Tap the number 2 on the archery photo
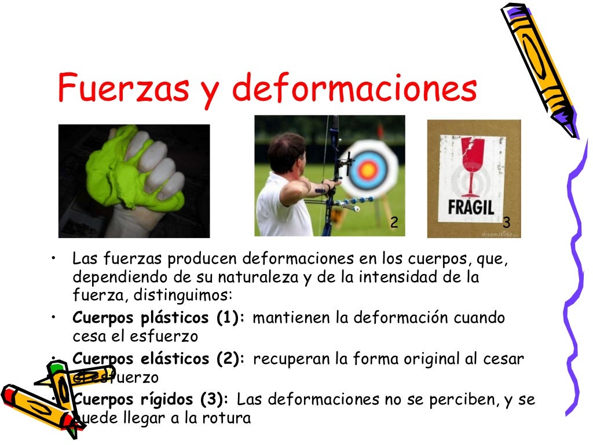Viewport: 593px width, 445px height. (394, 222)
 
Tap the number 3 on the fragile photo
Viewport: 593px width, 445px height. (506, 222)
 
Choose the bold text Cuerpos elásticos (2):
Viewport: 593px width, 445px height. (160, 359)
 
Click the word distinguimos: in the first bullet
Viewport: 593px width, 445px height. (183, 295)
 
